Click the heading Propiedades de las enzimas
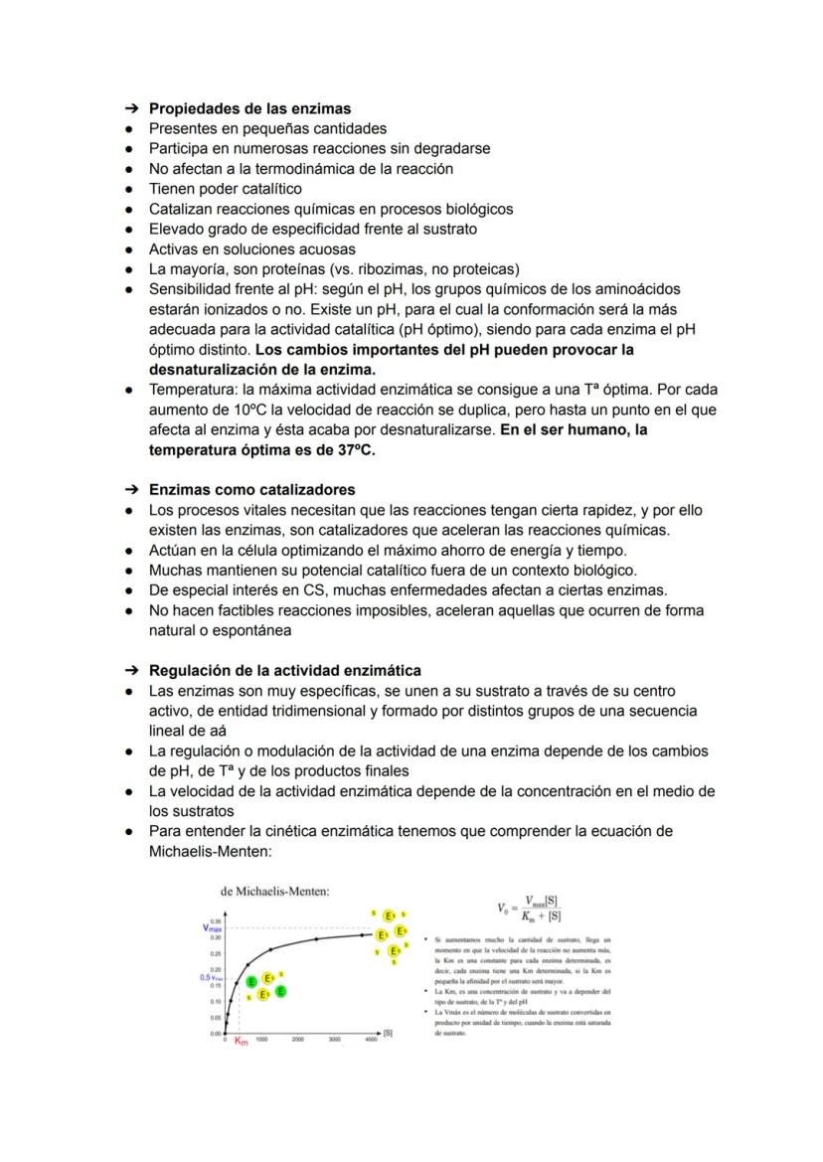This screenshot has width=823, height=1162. point(249,108)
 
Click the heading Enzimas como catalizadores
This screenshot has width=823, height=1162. point(251,490)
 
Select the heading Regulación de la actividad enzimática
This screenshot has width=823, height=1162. point(284,670)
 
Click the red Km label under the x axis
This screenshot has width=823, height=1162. point(241,1041)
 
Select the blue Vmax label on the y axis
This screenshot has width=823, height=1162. point(212,927)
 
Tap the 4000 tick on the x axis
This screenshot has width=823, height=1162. point(371,1039)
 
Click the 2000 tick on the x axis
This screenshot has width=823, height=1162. point(297,1039)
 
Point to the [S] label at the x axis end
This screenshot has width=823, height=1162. point(388,1033)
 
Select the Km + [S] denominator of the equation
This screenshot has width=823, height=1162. point(542,916)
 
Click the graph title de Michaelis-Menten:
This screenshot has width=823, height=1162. point(275,892)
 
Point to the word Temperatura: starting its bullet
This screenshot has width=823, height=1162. point(193,390)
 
